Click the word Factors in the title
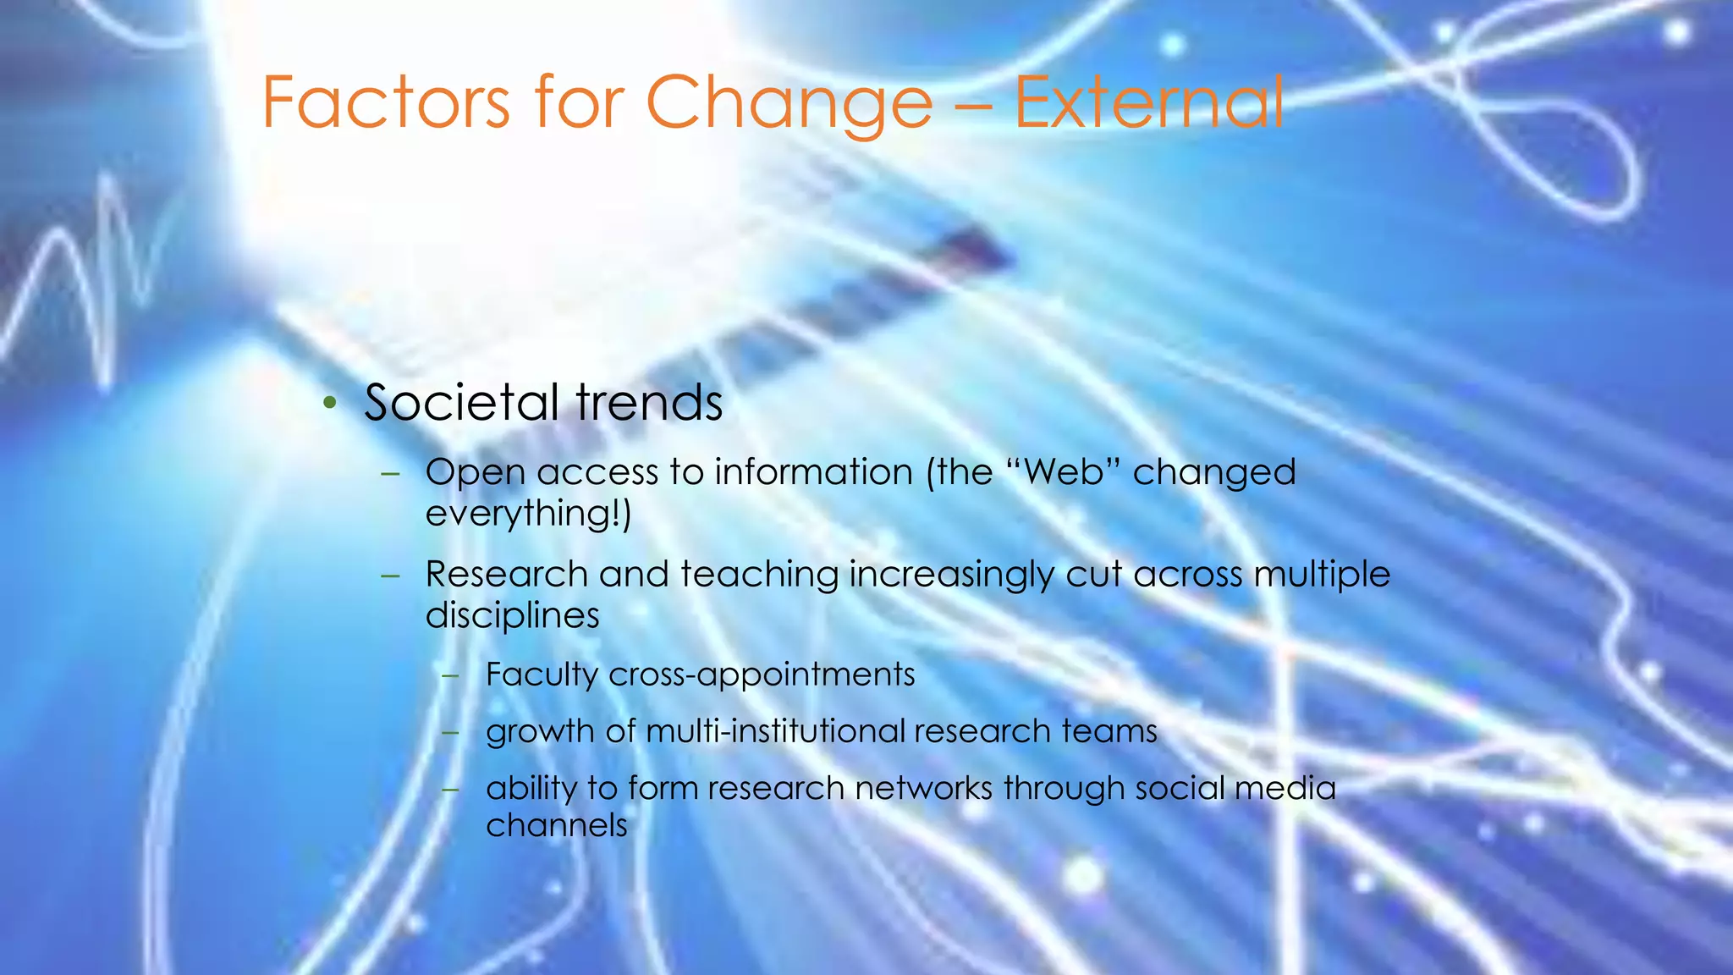(386, 102)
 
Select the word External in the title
(1148, 102)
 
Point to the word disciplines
(512, 615)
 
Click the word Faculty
(542, 675)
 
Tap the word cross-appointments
(762, 675)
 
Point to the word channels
(556, 825)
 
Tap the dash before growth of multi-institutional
(450, 731)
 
